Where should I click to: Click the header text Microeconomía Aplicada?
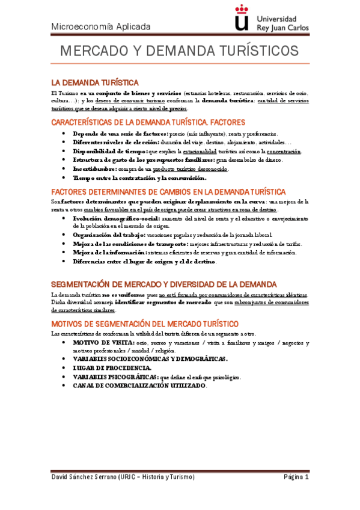100,26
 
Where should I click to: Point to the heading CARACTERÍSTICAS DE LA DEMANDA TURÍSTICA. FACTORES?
148,122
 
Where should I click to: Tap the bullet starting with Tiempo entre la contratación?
139,178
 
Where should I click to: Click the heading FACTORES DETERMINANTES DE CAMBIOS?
162,191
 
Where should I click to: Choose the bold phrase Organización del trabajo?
108,235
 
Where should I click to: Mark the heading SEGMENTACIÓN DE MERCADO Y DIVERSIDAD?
163,284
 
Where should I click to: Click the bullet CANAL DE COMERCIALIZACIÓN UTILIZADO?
139,385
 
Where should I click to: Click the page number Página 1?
296,476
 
